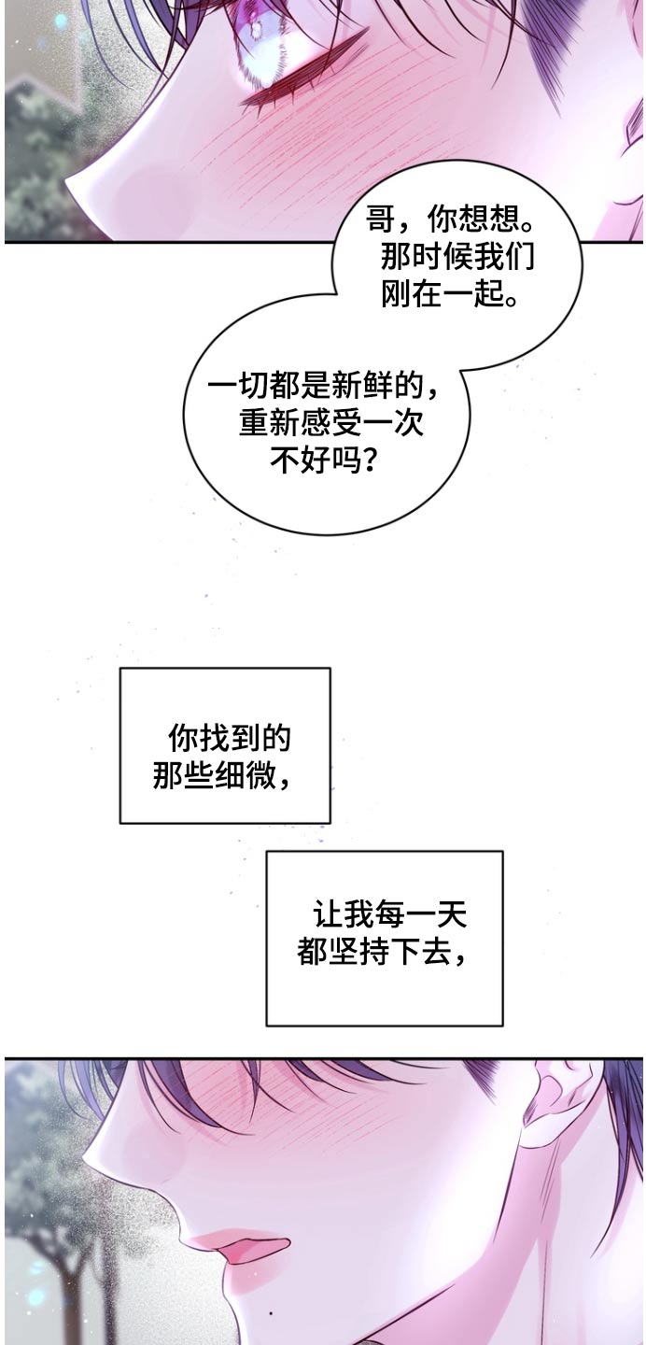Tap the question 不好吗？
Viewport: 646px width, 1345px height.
click(x=323, y=460)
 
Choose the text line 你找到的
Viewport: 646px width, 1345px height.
click(x=230, y=739)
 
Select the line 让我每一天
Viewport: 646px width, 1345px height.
click(x=390, y=914)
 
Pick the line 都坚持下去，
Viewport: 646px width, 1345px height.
click(x=381, y=952)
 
